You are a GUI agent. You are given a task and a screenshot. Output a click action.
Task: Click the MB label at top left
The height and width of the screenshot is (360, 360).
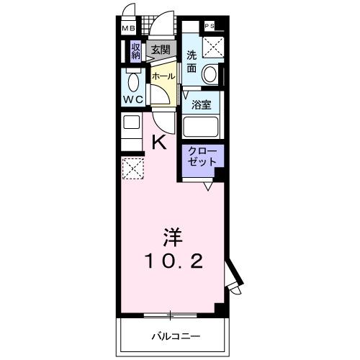tap(128, 29)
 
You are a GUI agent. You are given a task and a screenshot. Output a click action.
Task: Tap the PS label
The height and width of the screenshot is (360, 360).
tap(210, 26)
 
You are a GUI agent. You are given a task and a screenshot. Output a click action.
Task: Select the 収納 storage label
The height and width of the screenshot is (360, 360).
tap(135, 50)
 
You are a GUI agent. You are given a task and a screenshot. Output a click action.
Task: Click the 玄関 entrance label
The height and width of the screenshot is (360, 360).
tap(161, 50)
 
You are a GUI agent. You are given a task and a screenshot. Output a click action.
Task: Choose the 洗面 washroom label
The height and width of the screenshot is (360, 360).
tap(192, 62)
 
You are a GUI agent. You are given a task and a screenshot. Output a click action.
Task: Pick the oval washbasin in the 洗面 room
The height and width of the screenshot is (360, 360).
tap(210, 73)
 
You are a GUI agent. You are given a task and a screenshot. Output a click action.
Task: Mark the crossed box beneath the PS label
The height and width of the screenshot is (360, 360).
tap(213, 47)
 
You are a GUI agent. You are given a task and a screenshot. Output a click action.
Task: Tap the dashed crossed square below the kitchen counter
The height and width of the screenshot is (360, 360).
tap(133, 168)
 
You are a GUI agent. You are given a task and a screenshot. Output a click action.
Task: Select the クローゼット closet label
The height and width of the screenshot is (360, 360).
tap(202, 157)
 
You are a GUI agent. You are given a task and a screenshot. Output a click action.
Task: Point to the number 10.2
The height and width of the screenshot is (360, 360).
tap(171, 260)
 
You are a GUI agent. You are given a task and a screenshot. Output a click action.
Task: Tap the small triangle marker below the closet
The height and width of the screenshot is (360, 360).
tap(207, 186)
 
